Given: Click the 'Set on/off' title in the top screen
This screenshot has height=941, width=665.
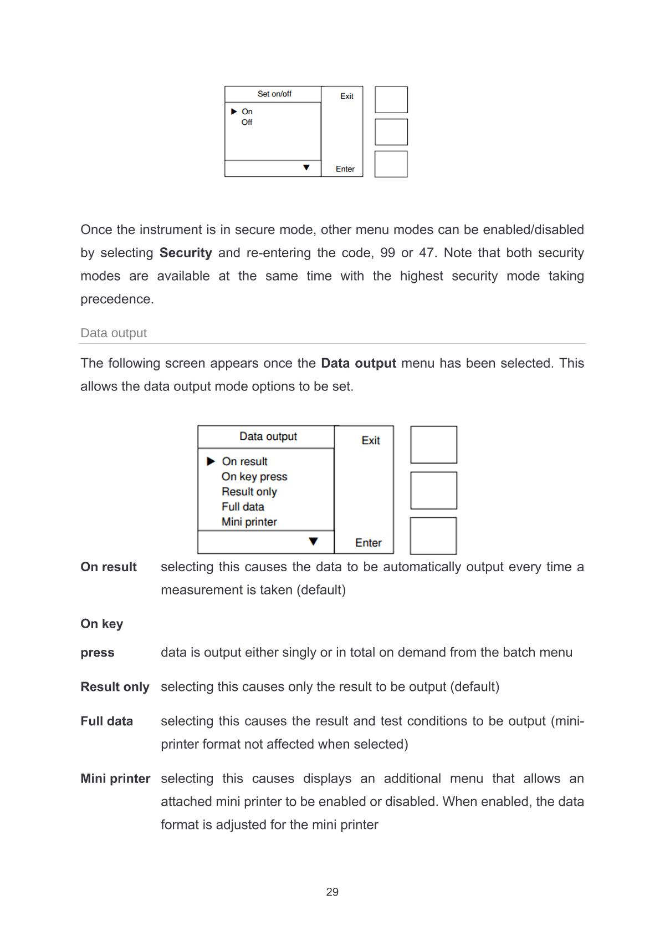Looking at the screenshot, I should (274, 94).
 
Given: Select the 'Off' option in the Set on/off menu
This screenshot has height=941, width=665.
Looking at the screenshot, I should (247, 123).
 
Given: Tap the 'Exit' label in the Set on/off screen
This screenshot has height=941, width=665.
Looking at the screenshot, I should (347, 96).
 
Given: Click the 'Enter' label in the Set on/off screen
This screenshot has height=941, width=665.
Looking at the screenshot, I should (345, 169).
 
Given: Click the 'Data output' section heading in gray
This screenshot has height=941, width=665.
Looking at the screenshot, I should (114, 333).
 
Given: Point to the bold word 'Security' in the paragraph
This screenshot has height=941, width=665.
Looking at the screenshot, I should (186, 253).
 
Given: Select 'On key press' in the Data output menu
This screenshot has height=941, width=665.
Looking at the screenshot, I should (254, 477).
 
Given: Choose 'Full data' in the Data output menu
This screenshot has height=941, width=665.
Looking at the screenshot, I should (243, 507).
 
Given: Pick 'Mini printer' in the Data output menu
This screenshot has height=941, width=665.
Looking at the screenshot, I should (249, 522).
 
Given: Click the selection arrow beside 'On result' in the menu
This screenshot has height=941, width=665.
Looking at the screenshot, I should (211, 461).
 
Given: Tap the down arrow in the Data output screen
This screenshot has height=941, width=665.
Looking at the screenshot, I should (314, 542).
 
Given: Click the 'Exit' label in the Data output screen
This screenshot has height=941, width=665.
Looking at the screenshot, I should (371, 441).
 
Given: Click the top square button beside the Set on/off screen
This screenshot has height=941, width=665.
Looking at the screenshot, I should (391, 100).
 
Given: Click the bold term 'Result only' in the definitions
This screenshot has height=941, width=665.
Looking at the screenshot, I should (115, 687).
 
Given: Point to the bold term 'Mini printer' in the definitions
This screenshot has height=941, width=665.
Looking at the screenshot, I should (115, 779).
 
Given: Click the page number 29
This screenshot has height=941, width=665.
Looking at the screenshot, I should (332, 892).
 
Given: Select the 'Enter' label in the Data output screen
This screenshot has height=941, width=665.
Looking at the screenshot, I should (369, 543).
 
